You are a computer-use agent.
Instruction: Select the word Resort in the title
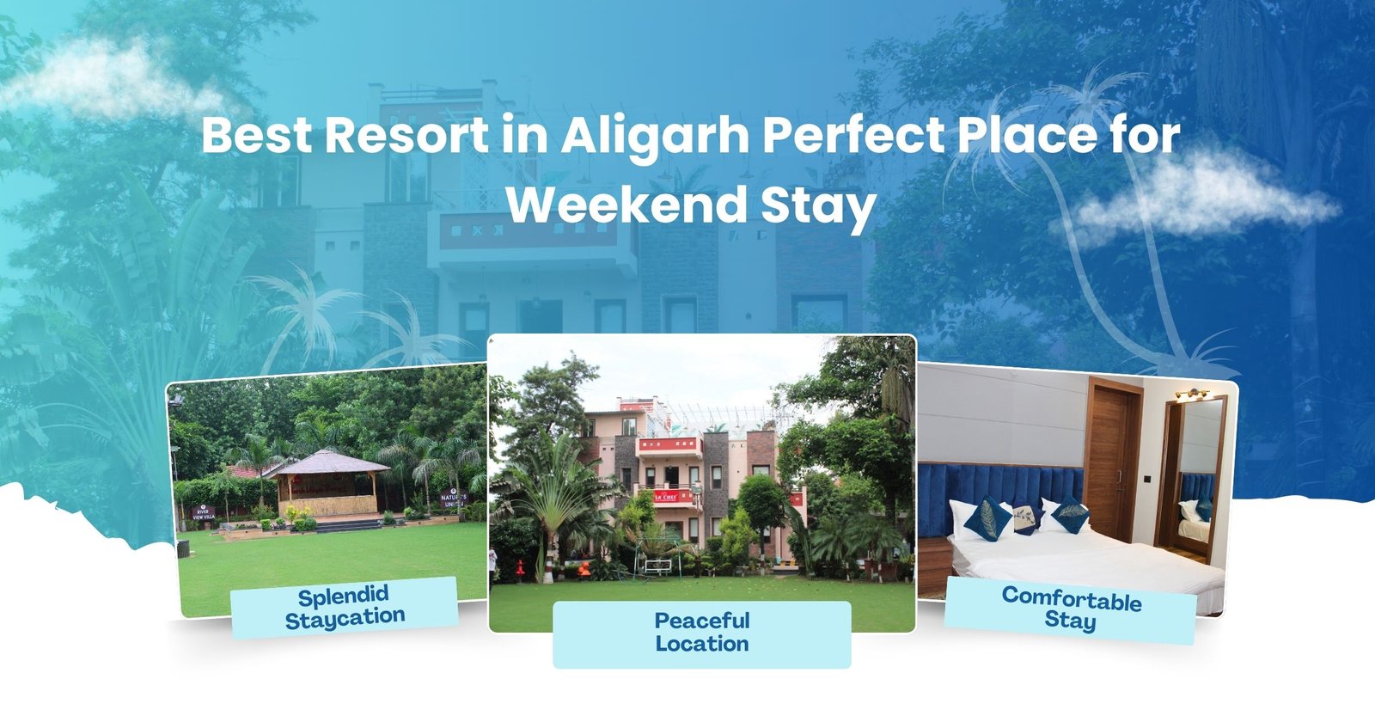click(x=406, y=135)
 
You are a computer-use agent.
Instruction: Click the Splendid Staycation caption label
click(x=344, y=607)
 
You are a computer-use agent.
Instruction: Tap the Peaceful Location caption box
click(x=701, y=633)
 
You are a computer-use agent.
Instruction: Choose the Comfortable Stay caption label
click(x=1070, y=609)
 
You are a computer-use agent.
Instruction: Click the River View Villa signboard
click(x=202, y=513)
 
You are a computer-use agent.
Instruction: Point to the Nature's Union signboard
click(x=453, y=500)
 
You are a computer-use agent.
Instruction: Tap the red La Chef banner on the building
click(x=667, y=496)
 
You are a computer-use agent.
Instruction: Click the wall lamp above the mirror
click(x=1191, y=395)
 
